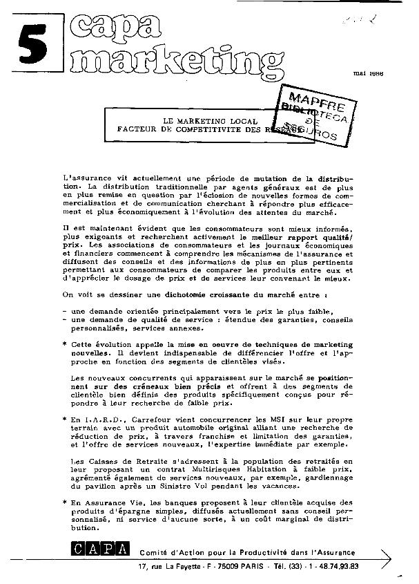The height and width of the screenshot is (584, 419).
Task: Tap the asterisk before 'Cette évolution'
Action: tap(64, 343)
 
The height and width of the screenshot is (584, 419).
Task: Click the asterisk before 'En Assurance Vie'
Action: tap(64, 502)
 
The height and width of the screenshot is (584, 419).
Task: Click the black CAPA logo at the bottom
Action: tap(98, 550)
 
